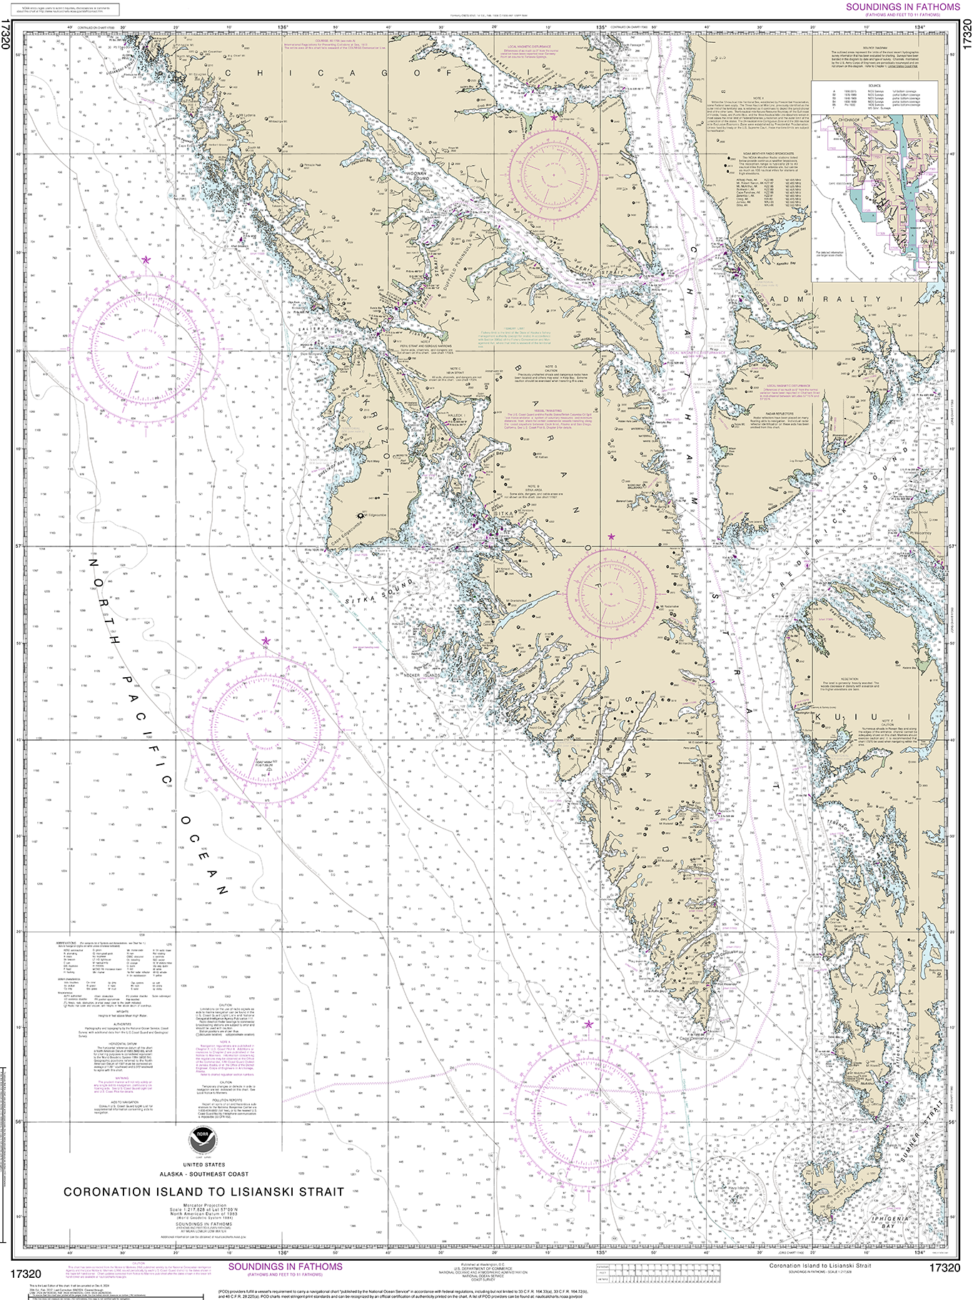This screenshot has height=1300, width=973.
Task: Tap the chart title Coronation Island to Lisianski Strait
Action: tap(204, 1191)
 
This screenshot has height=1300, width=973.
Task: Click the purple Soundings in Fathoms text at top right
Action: tap(902, 7)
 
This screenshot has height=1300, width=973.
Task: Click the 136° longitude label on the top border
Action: tap(283, 27)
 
